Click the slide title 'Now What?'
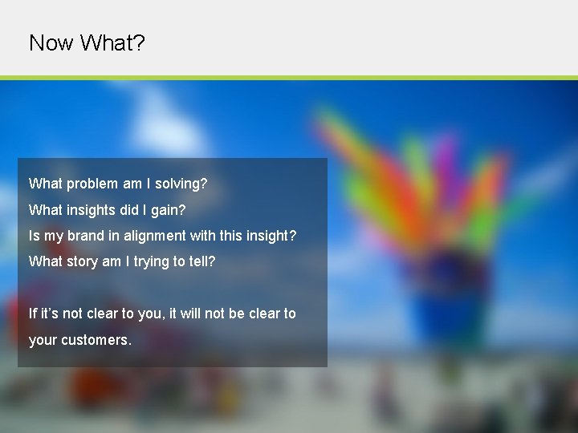(87, 42)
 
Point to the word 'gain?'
(168, 210)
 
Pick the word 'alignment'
(154, 236)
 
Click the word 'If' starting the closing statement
(32, 314)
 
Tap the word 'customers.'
(97, 340)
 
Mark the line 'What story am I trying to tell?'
(122, 261)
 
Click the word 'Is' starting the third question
(34, 236)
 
